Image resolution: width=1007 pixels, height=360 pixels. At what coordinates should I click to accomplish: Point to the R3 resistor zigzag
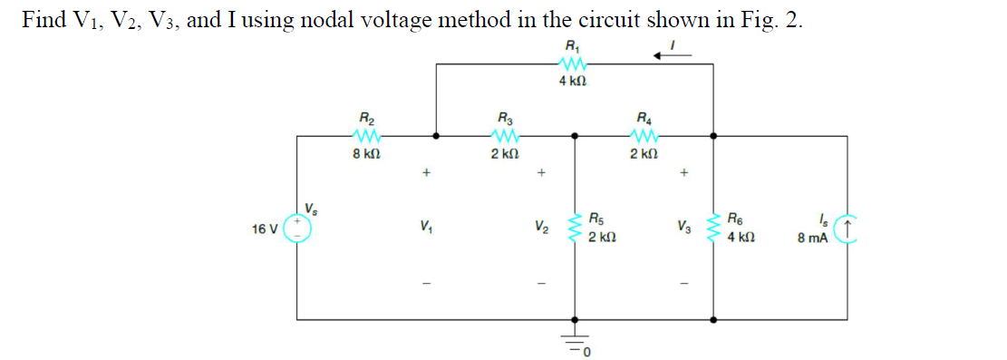[x=504, y=136]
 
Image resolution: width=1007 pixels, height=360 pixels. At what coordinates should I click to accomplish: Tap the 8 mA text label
[x=812, y=239]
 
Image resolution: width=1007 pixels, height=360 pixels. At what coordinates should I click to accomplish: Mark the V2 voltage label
[x=541, y=227]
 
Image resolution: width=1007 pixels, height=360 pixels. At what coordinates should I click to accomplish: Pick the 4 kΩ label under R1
[x=572, y=82]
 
